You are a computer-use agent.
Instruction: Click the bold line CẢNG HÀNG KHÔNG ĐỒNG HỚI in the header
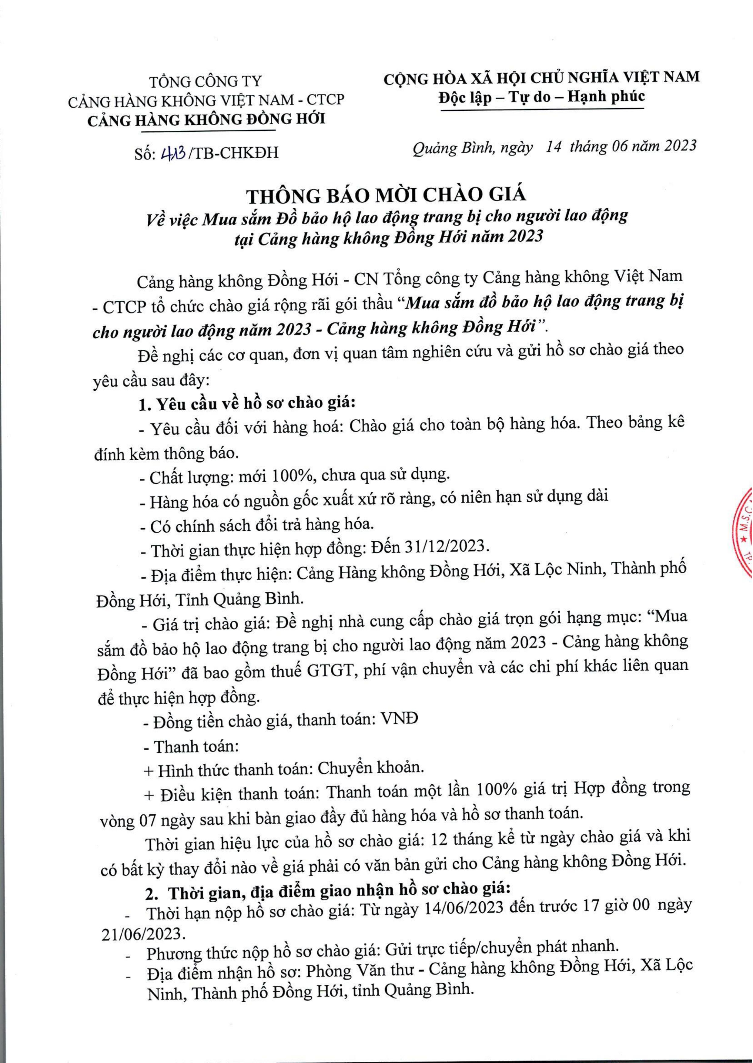pyautogui.click(x=206, y=120)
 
